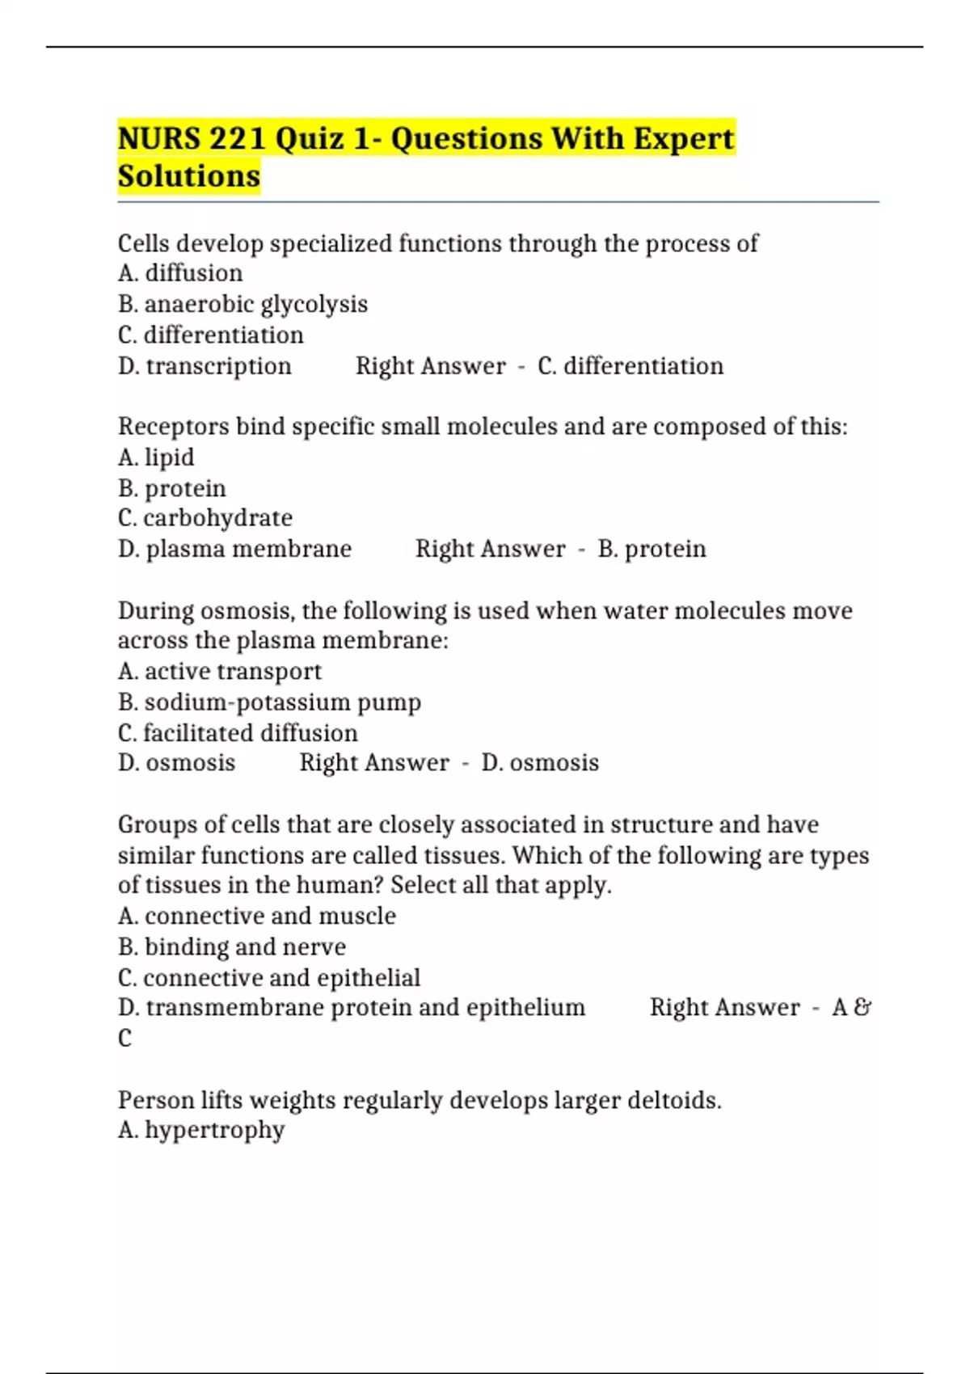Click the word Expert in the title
[683, 138]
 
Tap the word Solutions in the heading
[189, 176]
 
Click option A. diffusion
[180, 273]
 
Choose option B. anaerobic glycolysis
[242, 304]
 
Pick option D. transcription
[205, 366]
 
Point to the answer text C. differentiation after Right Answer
[630, 366]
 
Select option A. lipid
[156, 457]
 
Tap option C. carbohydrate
[205, 518]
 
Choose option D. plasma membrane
[234, 549]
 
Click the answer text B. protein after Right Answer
[652, 549]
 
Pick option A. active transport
[220, 672]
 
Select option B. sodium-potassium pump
[269, 702]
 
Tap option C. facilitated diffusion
[238, 733]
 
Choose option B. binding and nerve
[232, 946]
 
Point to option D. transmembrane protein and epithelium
[352, 1008]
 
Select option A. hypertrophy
[201, 1130]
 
